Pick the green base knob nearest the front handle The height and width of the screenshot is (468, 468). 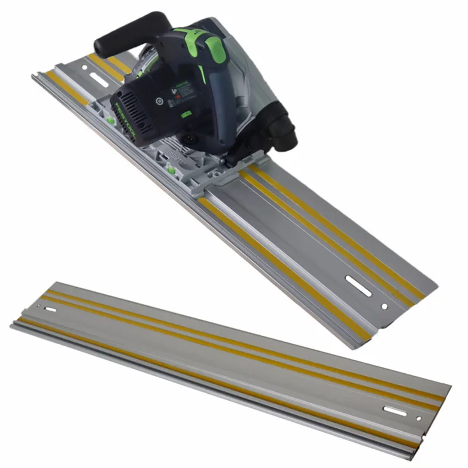click(x=110, y=121)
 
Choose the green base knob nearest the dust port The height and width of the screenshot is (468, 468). click(x=171, y=170)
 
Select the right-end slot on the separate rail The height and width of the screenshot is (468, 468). click(x=396, y=411)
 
